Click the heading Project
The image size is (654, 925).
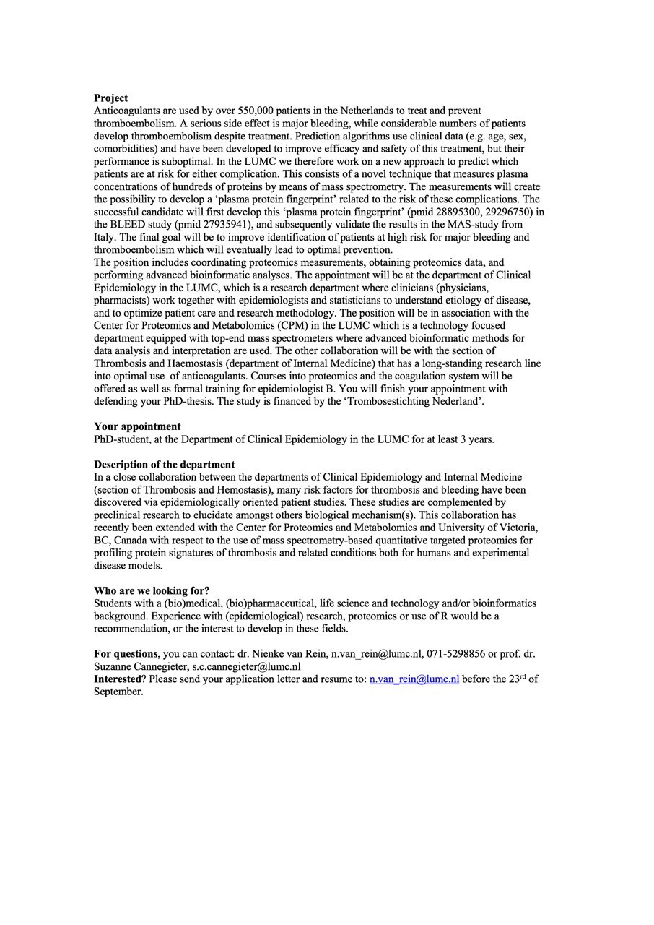pyautogui.click(x=110, y=98)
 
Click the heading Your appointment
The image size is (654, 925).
pyautogui.click(x=137, y=426)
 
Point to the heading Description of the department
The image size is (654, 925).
pyautogui.click(x=164, y=465)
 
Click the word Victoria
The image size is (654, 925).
pyautogui.click(x=518, y=528)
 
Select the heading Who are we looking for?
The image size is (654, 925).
pyautogui.click(x=152, y=590)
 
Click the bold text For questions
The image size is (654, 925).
pyautogui.click(x=126, y=654)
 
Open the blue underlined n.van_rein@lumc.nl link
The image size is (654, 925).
pyautogui.click(x=414, y=679)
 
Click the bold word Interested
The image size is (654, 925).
pyautogui.click(x=118, y=679)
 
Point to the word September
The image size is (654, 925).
pyautogui.click(x=118, y=692)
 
